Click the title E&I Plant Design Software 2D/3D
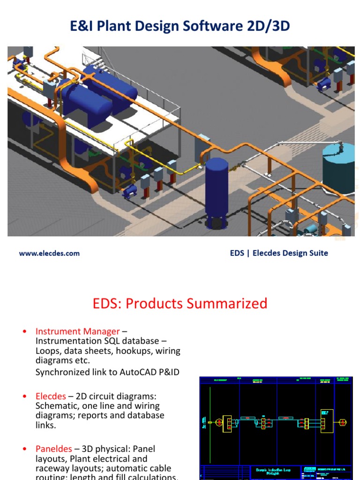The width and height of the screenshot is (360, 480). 180,26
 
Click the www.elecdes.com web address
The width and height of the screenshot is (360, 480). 49,253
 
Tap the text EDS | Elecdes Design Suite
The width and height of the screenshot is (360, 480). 279,253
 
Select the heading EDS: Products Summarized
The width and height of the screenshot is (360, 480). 180,303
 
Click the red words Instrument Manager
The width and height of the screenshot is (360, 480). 77,331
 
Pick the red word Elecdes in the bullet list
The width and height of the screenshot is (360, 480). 51,396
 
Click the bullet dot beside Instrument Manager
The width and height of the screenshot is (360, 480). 24,332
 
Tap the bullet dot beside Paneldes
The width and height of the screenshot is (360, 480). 24,449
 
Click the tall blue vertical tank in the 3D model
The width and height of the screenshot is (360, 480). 217,187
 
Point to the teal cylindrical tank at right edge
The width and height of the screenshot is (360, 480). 339,166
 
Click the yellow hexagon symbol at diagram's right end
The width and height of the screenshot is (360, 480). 342,422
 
